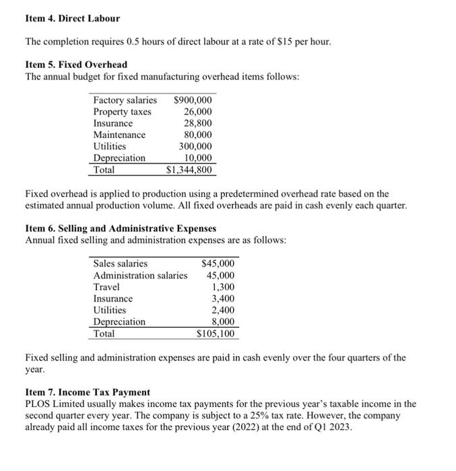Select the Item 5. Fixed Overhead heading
tap(75, 65)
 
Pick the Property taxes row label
tap(122, 112)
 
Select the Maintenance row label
tap(119, 135)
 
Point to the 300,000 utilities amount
tap(195, 146)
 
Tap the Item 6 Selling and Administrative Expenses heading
tap(121, 229)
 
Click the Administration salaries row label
tap(140, 275)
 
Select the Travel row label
tap(106, 287)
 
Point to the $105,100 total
tap(216, 333)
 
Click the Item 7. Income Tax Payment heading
tap(88, 392)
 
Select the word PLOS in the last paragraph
tap(38, 404)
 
